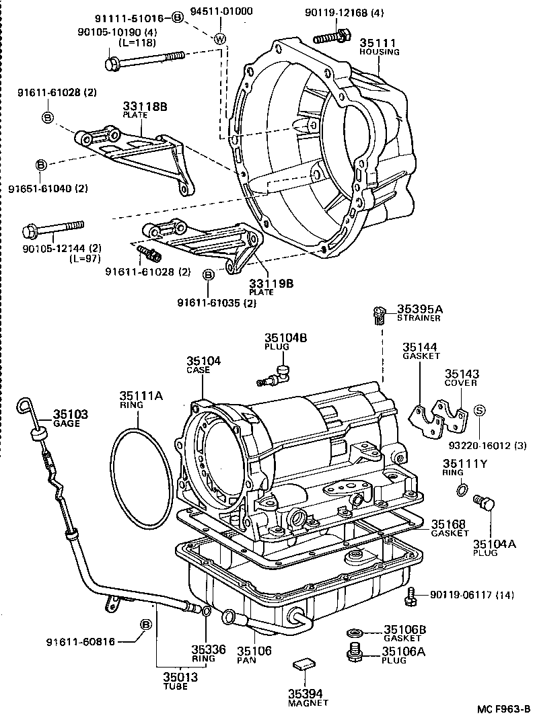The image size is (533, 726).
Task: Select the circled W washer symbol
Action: point(219,38)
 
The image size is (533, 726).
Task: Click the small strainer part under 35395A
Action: point(378,314)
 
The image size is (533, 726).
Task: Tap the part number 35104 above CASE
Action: point(204,361)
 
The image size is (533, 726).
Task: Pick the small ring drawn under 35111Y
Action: point(460,491)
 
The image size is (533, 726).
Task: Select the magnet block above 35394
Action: point(303,665)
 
